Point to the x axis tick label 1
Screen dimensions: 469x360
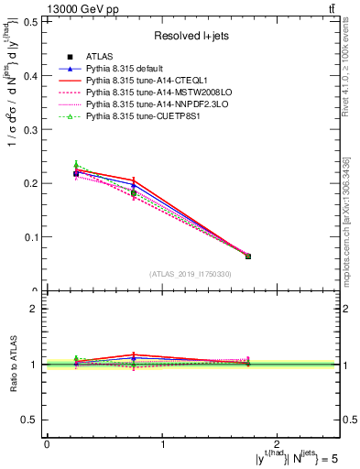point(163,443)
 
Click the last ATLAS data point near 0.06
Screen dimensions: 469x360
point(248,256)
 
